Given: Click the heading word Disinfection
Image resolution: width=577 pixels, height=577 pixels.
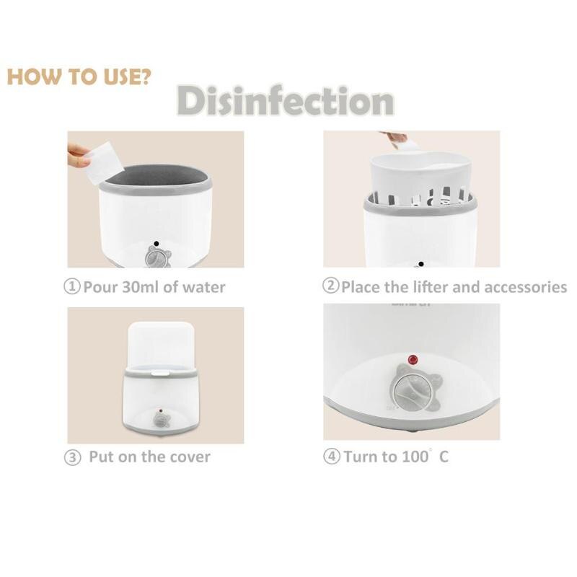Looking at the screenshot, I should (286, 101).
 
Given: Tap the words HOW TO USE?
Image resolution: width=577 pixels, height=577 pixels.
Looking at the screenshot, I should (79, 77).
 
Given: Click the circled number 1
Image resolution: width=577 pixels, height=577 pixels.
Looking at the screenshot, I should (73, 287).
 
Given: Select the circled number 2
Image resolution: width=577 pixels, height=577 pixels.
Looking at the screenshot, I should (330, 286).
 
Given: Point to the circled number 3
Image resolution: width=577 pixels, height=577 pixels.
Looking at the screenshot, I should (73, 457).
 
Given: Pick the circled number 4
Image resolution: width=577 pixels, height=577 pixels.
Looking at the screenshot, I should (331, 457).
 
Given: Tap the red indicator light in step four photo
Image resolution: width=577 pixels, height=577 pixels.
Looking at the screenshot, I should (413, 359).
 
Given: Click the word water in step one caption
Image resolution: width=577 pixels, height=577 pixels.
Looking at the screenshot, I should (206, 287).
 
